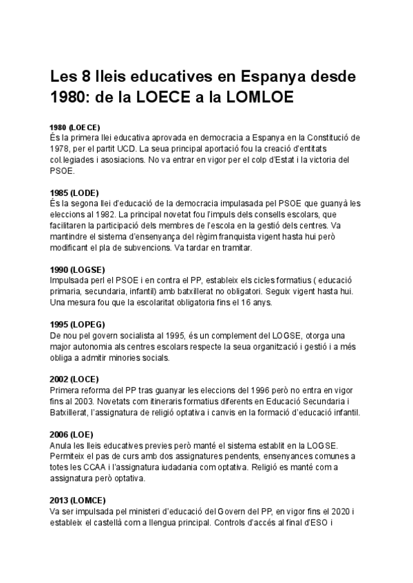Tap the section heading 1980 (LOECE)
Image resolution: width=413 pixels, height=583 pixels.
point(75,127)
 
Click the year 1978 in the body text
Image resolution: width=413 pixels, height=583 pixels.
point(60,148)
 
